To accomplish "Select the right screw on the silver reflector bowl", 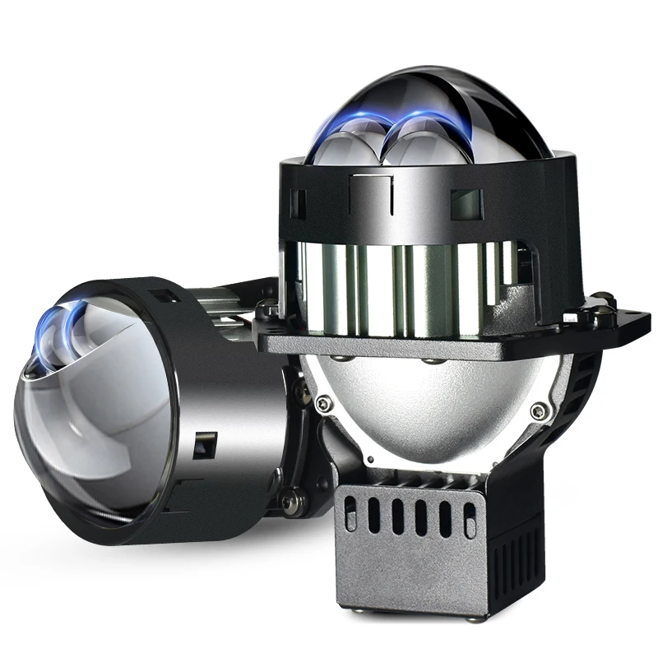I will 538,409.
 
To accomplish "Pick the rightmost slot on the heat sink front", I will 470,521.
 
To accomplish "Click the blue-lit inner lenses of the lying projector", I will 62,333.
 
